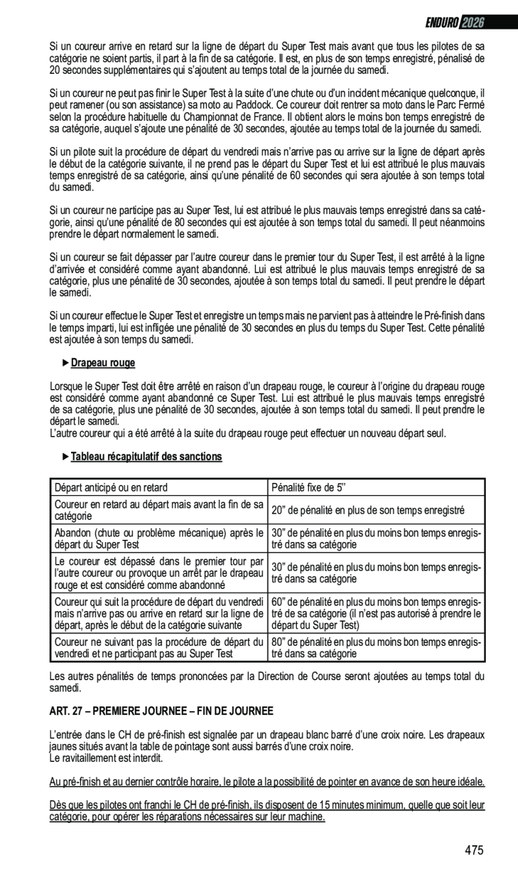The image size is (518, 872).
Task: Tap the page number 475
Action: point(474,850)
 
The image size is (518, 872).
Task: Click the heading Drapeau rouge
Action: point(103,363)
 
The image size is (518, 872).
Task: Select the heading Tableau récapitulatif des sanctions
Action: point(146,457)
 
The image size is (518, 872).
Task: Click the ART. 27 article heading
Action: point(161,711)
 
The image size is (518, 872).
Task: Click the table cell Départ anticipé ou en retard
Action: point(111,488)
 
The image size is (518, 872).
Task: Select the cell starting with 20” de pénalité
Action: point(368,510)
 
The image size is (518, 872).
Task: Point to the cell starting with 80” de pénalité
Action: point(376,647)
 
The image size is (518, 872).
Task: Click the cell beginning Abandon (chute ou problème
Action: point(159,539)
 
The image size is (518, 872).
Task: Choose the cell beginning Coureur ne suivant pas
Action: point(159,647)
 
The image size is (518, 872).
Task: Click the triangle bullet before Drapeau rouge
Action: point(65,363)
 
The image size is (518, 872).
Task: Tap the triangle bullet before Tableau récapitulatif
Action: point(65,456)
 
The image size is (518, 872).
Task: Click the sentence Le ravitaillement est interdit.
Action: point(107,759)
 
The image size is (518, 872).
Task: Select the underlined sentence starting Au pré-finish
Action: point(267,782)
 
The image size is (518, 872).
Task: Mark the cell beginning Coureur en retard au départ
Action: point(159,510)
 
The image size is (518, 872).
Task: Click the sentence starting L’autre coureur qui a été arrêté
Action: point(248,433)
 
